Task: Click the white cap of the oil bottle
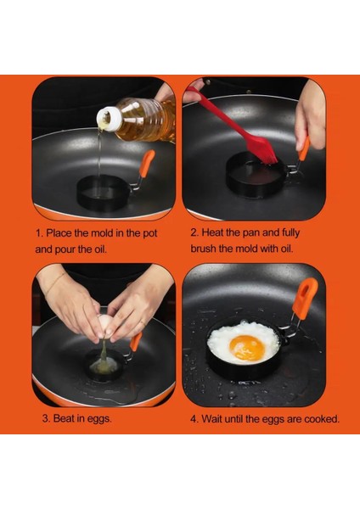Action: point(110,119)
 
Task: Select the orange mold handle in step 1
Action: point(147,163)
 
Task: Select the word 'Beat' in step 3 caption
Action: point(64,417)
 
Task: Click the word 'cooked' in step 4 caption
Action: point(321,419)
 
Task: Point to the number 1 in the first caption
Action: point(39,233)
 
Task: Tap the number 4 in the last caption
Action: point(194,419)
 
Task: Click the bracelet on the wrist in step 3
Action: point(55,282)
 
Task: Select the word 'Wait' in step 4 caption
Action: point(211,419)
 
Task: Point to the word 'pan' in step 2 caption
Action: point(250,232)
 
